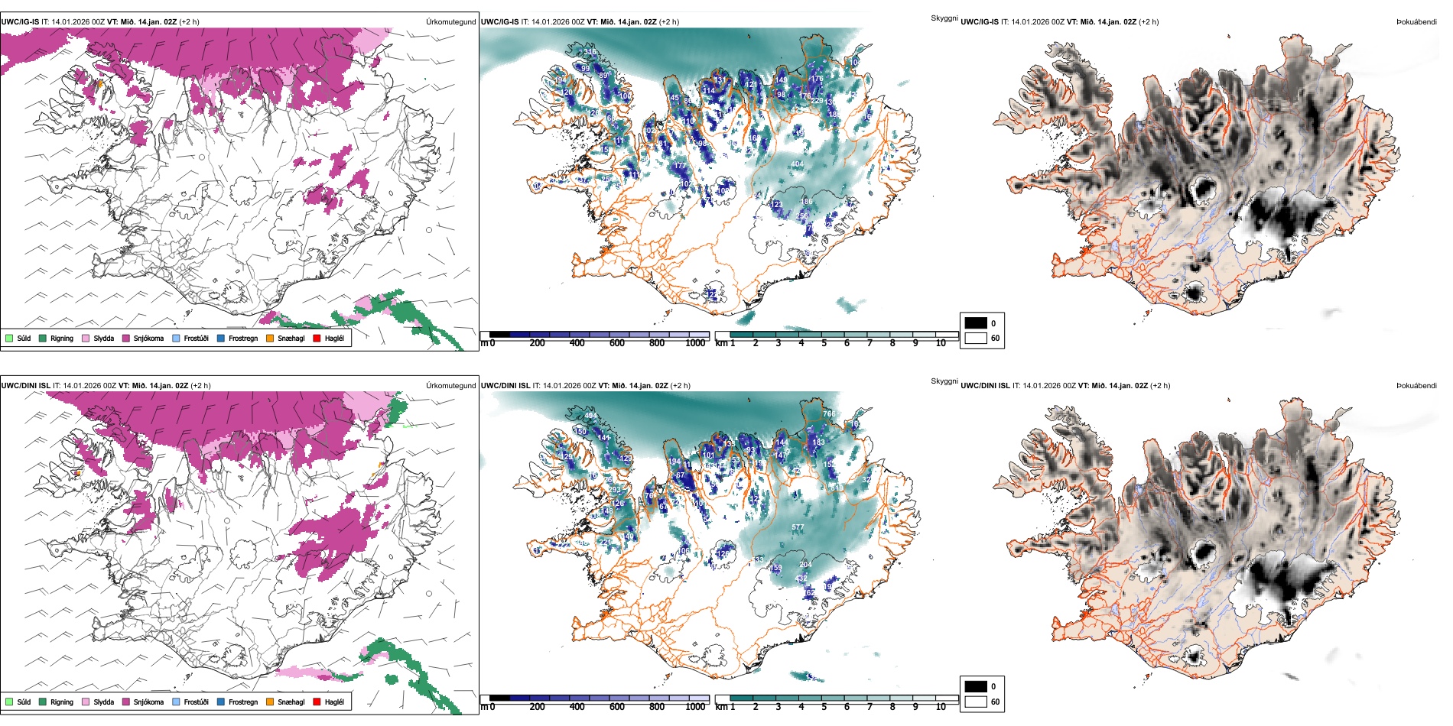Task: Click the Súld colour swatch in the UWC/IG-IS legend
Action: point(9,338)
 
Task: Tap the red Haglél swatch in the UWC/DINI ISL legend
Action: point(317,702)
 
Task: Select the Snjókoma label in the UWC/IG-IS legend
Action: point(148,338)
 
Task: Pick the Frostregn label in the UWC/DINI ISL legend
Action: point(243,702)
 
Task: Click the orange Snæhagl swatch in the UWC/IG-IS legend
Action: point(270,338)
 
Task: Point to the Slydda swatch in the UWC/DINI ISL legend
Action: point(86,702)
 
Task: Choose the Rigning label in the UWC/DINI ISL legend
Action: point(62,702)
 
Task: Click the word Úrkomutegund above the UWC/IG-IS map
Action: point(450,22)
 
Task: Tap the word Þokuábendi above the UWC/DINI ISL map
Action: point(1416,386)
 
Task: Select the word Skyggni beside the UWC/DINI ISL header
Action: point(944,381)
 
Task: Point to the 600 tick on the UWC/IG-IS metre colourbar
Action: point(617,343)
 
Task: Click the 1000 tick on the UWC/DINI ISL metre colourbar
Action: point(695,707)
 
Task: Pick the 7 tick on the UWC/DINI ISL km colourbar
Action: point(870,707)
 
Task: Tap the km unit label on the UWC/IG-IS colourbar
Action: point(721,343)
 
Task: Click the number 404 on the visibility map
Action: point(797,164)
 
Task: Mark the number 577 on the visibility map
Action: point(798,527)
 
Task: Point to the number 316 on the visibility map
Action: point(590,52)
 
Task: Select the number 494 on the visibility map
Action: point(590,416)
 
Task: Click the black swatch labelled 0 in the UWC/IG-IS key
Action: point(976,323)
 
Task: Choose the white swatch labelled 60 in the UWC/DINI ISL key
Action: point(976,702)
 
